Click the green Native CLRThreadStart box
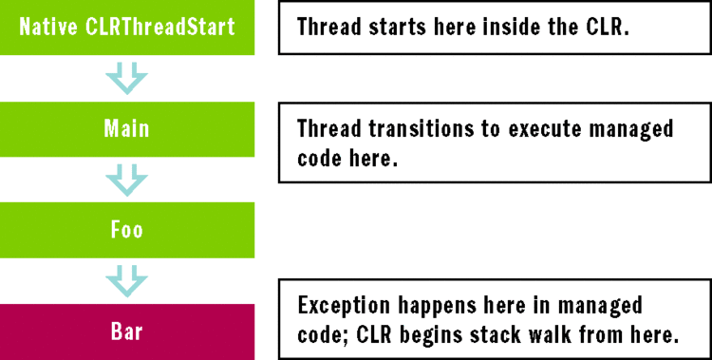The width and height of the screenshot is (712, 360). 127,27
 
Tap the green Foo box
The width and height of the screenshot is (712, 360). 127,230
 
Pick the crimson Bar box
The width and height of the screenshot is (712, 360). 127,332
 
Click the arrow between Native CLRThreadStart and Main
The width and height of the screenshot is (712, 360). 127,78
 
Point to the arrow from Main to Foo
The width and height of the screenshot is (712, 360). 127,180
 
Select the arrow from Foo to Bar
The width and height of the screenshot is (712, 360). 127,281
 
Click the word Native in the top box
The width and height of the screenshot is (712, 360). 47,27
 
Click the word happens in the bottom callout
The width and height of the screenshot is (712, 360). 436,307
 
